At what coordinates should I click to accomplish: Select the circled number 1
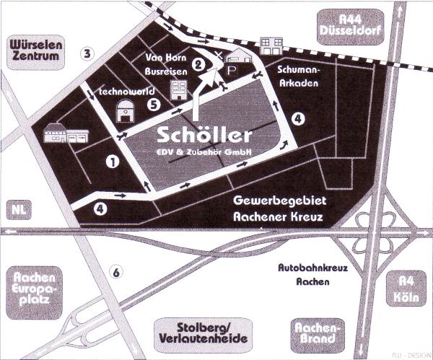coord(112,162)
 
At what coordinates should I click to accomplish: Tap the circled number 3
coord(87,53)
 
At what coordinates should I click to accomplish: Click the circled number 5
coord(152,104)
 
